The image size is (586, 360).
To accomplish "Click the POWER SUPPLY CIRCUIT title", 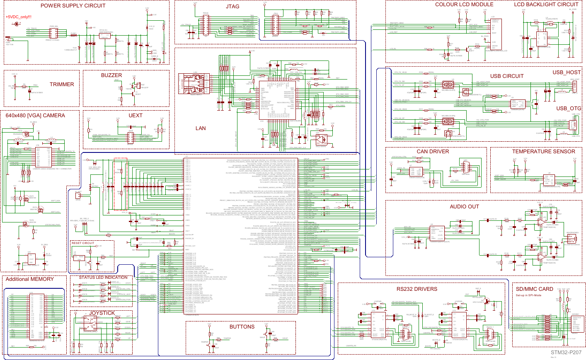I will (x=73, y=6).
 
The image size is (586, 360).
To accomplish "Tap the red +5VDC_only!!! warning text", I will (x=19, y=17).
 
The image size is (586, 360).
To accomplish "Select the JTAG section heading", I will (x=232, y=7).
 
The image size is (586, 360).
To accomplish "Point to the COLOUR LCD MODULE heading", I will (x=464, y=5).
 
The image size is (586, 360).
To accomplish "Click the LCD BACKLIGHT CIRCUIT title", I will (x=546, y=5).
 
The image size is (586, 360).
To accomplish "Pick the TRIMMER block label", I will (x=62, y=85).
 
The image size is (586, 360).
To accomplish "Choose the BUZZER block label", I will (x=111, y=75).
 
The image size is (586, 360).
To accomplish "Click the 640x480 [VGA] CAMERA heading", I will (x=35, y=116).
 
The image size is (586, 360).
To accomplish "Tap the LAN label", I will (x=201, y=128).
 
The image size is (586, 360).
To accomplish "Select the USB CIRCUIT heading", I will (x=507, y=76).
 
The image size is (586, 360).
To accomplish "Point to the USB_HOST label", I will (x=567, y=72).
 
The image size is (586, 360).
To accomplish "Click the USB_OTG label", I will (x=569, y=109).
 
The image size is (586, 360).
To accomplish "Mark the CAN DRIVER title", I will (x=433, y=152).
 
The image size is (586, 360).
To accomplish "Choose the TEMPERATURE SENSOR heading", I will (x=543, y=152).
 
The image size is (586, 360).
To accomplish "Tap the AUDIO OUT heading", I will (x=465, y=207).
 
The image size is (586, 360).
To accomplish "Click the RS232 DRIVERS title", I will (x=416, y=289).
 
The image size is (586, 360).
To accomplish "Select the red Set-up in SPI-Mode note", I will (x=528, y=295).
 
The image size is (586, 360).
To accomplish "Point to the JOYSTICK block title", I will (x=102, y=313).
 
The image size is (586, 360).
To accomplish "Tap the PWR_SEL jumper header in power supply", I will (x=54, y=31).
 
